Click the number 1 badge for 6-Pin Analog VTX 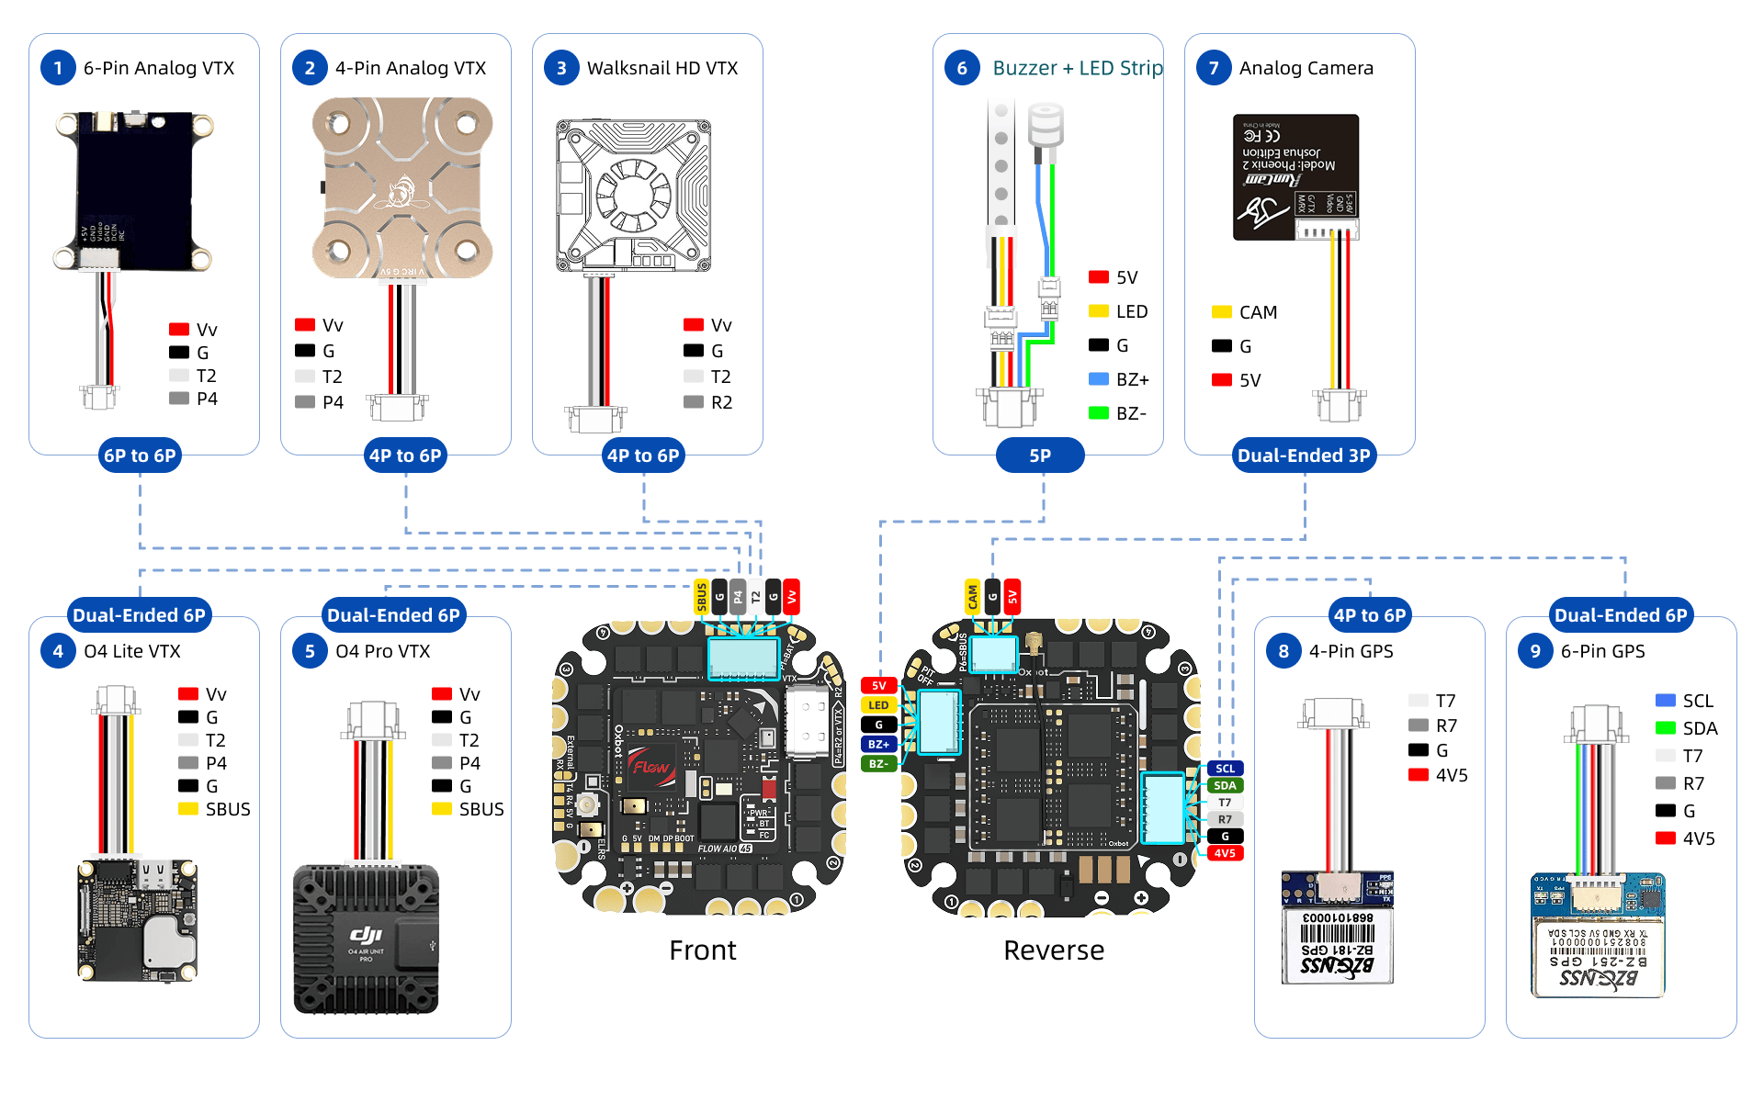point(58,68)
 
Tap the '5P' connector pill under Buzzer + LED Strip point(1040,455)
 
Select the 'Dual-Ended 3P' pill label point(1304,455)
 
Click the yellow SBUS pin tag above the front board point(702,597)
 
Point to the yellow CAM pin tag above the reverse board point(973,597)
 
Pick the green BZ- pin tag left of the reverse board point(878,763)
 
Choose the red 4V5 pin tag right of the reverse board point(1225,853)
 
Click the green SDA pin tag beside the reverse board point(1225,785)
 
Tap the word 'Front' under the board point(703,950)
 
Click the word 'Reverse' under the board point(1054,950)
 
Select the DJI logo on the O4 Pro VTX point(366,934)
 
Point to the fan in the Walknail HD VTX point(634,194)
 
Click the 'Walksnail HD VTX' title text point(662,68)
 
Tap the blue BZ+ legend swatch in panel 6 point(1099,379)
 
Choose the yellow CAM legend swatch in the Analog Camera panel point(1222,312)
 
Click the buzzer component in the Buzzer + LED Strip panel point(1046,124)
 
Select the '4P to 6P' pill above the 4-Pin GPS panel point(1370,615)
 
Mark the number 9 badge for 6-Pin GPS point(1535,651)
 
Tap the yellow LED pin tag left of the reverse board point(878,705)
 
